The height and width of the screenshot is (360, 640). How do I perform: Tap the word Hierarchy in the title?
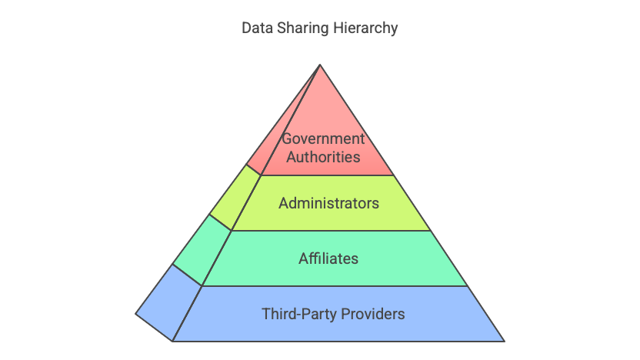point(365,28)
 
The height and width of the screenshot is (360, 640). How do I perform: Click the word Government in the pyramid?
point(323,138)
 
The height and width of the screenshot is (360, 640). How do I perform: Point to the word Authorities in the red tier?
point(323,157)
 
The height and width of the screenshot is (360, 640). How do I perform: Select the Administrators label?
point(329,203)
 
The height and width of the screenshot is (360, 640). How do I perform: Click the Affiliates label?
point(328,258)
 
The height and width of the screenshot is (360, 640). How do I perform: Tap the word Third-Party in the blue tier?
point(299,315)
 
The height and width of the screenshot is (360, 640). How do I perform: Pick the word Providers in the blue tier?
point(372,315)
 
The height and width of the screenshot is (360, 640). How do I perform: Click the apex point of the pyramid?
point(320,65)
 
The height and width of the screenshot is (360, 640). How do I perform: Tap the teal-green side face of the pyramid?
point(202,250)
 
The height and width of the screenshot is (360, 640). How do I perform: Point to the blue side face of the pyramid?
point(168,303)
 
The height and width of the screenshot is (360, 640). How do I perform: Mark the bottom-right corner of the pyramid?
point(505,342)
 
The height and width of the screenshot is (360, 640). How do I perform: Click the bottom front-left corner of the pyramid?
point(172,342)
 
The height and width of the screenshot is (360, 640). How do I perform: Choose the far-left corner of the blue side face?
point(135,314)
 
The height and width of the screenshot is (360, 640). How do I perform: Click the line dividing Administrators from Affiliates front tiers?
point(331,231)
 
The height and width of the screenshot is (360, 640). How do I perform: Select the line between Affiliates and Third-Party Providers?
point(335,285)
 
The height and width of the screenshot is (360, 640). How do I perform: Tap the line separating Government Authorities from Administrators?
point(327,175)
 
